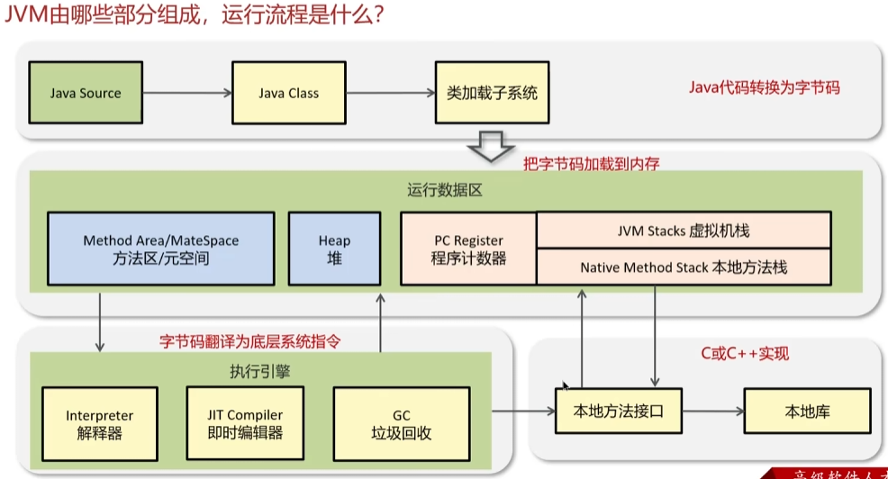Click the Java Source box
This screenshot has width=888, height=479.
[86, 93]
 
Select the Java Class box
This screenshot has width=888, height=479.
[288, 93]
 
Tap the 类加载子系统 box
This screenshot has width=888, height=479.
[492, 93]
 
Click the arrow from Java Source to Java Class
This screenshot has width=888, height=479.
[187, 93]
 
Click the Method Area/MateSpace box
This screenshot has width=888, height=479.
[160, 249]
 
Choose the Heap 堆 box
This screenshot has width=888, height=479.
[334, 249]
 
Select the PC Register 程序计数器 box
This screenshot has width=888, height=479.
[468, 249]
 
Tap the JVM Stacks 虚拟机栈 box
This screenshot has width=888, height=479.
[684, 230]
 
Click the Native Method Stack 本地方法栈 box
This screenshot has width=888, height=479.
[684, 267]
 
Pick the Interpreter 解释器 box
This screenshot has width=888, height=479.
[99, 424]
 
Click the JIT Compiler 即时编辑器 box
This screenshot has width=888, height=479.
[245, 423]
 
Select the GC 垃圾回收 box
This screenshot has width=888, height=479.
[401, 424]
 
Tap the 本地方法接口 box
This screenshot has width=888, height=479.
[618, 412]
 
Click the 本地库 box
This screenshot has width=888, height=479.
[808, 412]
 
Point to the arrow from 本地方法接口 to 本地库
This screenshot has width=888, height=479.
[712, 412]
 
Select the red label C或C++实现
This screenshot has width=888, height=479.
[745, 354]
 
